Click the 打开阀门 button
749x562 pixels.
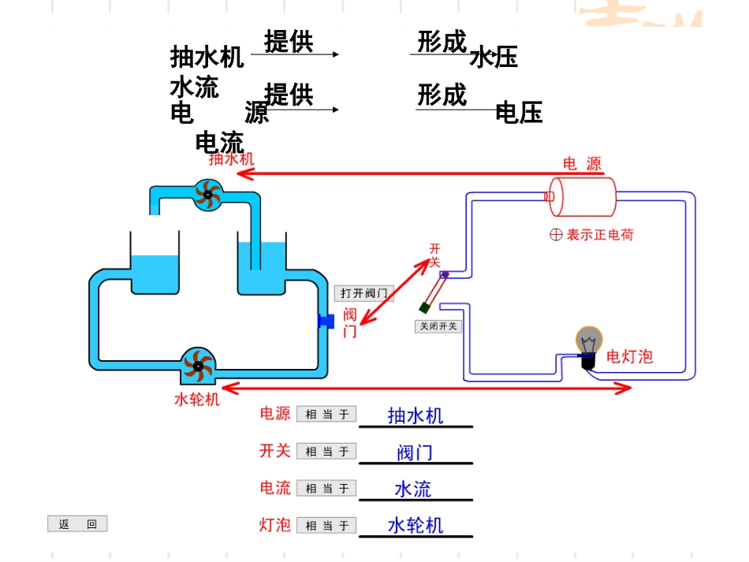pyautogui.click(x=363, y=293)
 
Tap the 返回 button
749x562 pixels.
pyautogui.click(x=77, y=524)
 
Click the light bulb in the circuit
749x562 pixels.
pyautogui.click(x=587, y=344)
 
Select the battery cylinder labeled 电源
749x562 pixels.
pyautogui.click(x=583, y=196)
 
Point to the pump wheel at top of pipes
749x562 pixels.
pyautogui.click(x=208, y=194)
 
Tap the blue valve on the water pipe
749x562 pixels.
pyautogui.click(x=326, y=321)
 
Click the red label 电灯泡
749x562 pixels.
pyautogui.click(x=629, y=356)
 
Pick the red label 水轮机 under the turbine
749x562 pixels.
pyautogui.click(x=196, y=400)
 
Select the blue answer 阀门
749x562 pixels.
pyautogui.click(x=415, y=452)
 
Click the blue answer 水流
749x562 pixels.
pyautogui.click(x=413, y=489)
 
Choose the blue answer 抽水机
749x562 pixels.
pyautogui.click(x=415, y=415)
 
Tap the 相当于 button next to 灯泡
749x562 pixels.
pyautogui.click(x=326, y=526)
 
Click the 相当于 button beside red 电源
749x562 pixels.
pyautogui.click(x=326, y=415)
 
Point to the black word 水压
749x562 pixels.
pyautogui.click(x=494, y=58)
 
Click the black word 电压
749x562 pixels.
pyautogui.click(x=519, y=113)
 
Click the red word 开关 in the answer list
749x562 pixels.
pyautogui.click(x=275, y=451)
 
